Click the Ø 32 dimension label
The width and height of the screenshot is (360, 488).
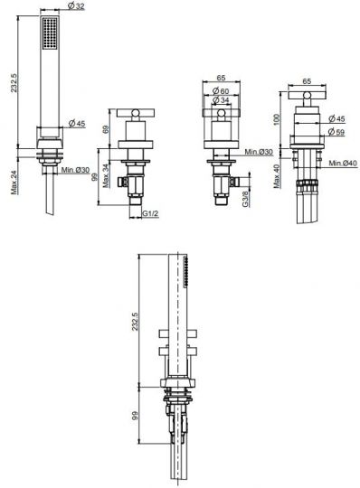click(x=76, y=5)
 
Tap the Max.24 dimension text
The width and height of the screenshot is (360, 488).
click(x=14, y=183)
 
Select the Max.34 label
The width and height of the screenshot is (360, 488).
click(x=107, y=176)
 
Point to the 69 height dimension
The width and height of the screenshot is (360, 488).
click(x=106, y=129)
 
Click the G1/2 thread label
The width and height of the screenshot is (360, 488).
click(x=151, y=213)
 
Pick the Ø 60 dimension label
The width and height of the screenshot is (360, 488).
click(x=221, y=91)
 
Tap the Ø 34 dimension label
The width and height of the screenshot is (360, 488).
click(x=221, y=100)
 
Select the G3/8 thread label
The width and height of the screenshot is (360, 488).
click(x=246, y=199)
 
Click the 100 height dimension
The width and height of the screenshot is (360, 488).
click(x=277, y=119)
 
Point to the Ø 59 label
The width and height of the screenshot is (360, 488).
click(x=336, y=132)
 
